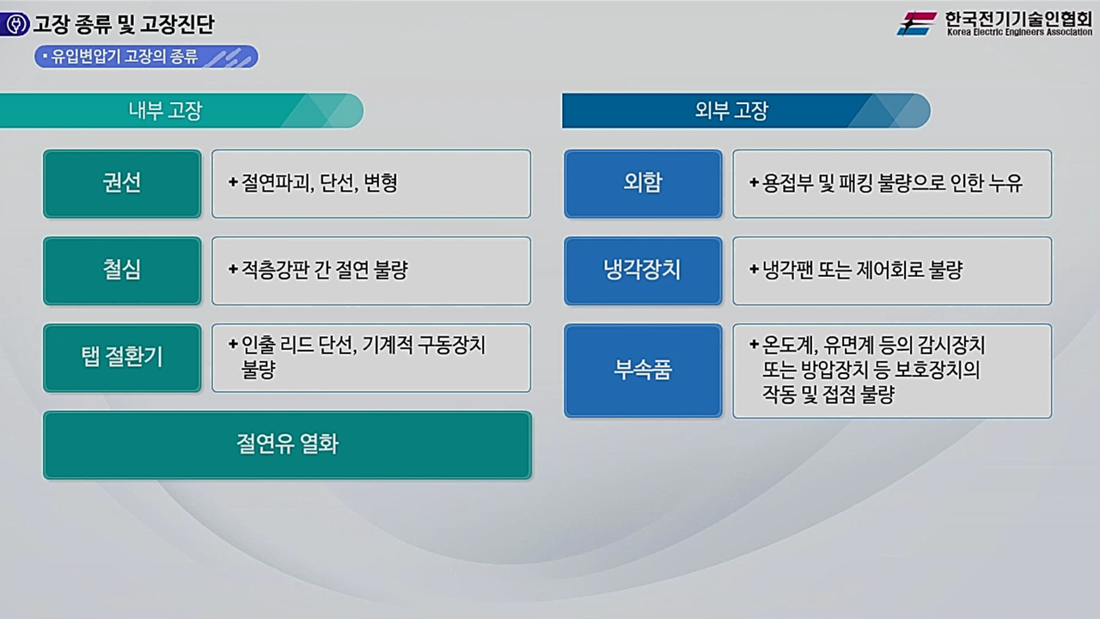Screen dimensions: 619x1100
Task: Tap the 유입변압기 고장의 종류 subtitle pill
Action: (146, 57)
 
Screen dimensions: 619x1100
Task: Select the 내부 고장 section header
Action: (166, 111)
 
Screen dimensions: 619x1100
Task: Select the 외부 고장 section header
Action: (731, 111)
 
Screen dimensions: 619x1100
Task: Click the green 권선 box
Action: (122, 183)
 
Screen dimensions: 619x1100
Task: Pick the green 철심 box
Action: (122, 270)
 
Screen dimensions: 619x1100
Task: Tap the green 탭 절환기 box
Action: (122, 358)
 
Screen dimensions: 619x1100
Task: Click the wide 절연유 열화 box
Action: (287, 444)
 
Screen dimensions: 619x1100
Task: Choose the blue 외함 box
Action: (643, 183)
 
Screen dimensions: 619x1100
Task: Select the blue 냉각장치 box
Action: (643, 270)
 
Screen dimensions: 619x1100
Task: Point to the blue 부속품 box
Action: (643, 371)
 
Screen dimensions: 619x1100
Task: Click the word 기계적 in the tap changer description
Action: (390, 345)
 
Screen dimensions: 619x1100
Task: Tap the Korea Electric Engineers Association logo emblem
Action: (917, 23)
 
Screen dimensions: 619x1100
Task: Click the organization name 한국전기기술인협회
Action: (1018, 17)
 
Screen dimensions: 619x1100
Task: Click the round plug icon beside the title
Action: (15, 24)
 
